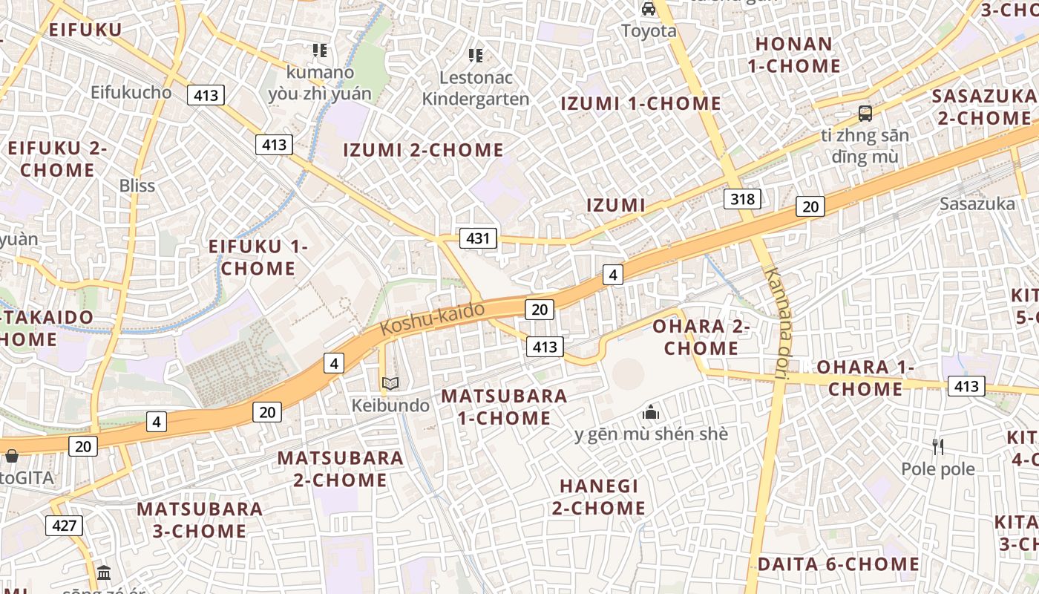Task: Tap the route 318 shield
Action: [742, 198]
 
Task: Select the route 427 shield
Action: [65, 526]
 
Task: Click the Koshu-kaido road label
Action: [433, 319]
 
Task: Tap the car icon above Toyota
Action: [649, 9]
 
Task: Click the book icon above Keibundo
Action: [390, 384]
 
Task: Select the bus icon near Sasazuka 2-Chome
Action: [865, 114]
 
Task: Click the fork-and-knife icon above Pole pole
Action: [938, 446]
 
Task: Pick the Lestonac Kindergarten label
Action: [476, 88]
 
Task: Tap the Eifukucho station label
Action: [131, 93]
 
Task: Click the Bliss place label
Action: [137, 186]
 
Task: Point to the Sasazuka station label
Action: [977, 203]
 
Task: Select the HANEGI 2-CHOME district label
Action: [598, 497]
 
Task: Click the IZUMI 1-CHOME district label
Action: [640, 103]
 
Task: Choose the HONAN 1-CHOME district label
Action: [793, 55]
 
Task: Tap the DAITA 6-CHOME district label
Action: [838, 564]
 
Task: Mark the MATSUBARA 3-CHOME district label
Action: [200, 520]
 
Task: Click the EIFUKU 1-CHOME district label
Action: [258, 257]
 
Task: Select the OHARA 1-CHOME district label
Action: [865, 378]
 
